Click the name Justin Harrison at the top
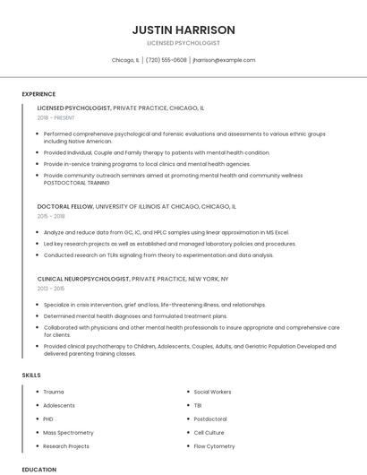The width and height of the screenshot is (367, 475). click(183, 30)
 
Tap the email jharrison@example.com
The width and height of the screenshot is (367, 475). click(224, 60)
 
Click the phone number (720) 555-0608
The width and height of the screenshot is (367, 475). click(166, 60)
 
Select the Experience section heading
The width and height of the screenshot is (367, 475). click(38, 94)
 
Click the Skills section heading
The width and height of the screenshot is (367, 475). click(31, 374)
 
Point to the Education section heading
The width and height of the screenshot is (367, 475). click(39, 469)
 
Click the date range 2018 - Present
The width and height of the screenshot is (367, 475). click(57, 118)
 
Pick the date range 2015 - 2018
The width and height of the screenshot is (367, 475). click(51, 216)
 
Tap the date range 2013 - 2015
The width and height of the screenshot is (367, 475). click(51, 289)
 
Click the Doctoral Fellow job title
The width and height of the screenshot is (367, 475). click(65, 206)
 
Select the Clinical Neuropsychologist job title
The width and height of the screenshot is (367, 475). click(83, 279)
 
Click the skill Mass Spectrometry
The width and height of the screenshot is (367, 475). click(68, 432)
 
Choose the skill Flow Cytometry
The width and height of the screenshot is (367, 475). click(214, 445)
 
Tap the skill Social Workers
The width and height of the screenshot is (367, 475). click(212, 392)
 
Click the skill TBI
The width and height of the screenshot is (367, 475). click(199, 405)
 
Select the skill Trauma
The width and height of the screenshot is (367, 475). click(54, 392)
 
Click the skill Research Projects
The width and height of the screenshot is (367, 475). click(66, 445)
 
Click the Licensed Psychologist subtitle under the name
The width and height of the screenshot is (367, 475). click(183, 43)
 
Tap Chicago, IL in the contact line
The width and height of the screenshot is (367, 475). click(125, 60)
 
